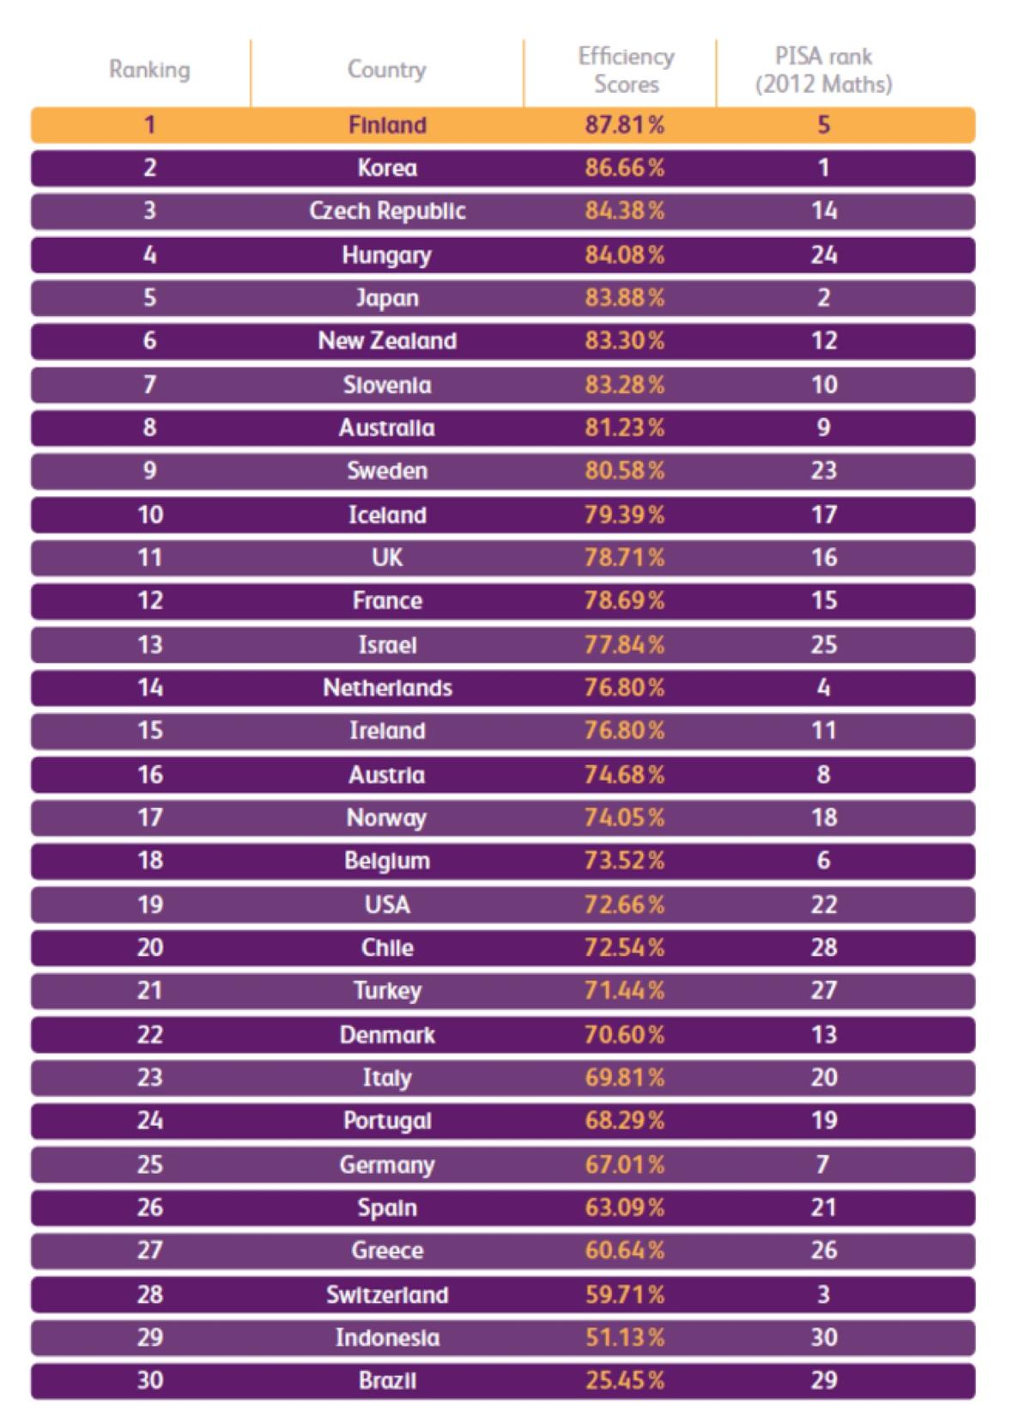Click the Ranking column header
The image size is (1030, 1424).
(x=149, y=70)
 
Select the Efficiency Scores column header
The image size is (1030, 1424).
(x=626, y=70)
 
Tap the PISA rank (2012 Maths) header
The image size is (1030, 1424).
(x=823, y=70)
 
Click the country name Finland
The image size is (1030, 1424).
(x=387, y=125)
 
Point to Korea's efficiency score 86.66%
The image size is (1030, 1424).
(x=625, y=167)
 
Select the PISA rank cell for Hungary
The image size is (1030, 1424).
(x=823, y=255)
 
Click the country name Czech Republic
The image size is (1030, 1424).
(x=387, y=211)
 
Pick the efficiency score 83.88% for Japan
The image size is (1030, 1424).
(x=625, y=298)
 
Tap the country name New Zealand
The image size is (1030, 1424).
(x=387, y=341)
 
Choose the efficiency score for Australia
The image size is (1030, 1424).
(x=625, y=428)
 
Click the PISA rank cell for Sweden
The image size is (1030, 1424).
(x=823, y=471)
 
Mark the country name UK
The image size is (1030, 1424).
(x=387, y=557)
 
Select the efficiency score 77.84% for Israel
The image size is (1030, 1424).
(x=625, y=644)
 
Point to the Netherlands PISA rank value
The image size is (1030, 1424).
(x=823, y=688)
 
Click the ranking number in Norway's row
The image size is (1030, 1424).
(x=149, y=818)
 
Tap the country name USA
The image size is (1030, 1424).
(x=387, y=904)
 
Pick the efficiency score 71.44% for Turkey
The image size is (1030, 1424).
(x=625, y=991)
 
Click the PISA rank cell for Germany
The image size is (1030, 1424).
(x=823, y=1165)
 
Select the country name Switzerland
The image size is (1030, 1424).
(x=387, y=1294)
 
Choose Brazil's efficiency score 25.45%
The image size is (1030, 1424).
(x=625, y=1381)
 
